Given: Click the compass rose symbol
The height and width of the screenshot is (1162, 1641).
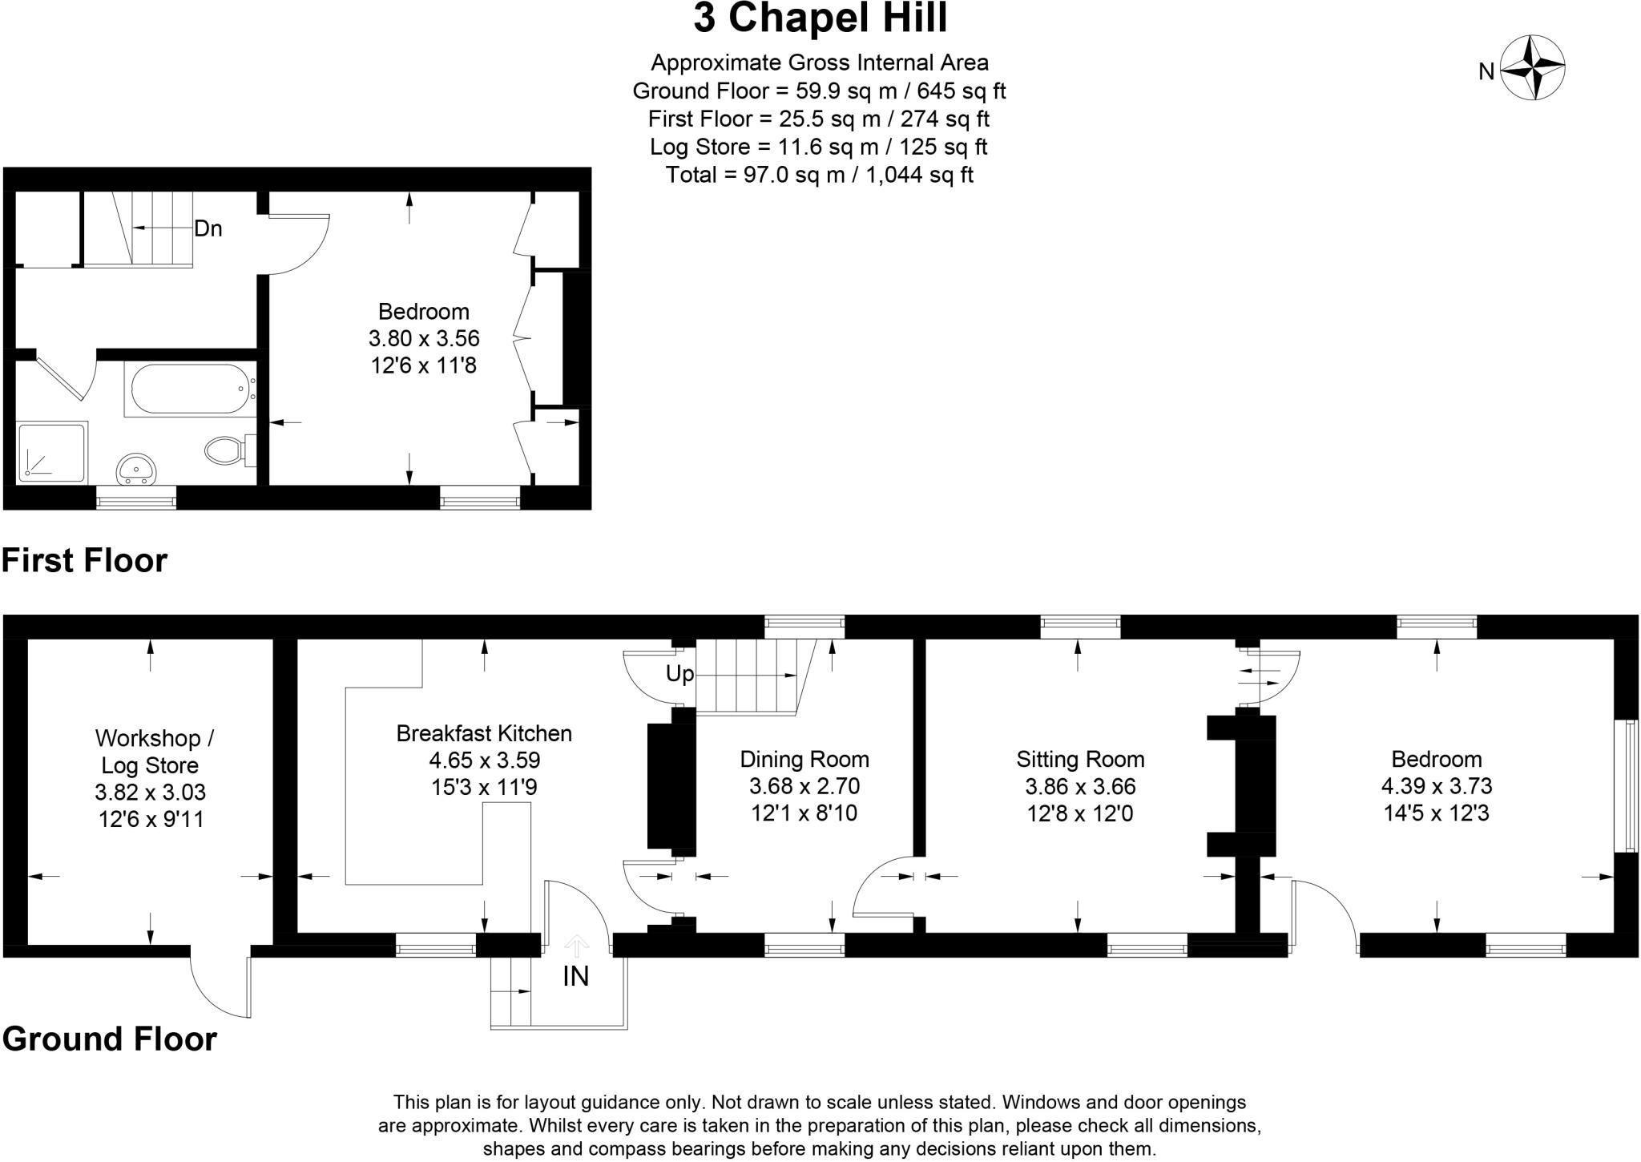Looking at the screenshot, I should tap(1531, 67).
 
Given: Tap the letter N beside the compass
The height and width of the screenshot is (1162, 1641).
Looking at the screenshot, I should tap(1486, 72).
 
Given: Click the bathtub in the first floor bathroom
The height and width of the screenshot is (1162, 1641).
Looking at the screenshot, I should tap(190, 389).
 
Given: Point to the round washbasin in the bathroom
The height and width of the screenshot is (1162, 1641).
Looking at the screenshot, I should tap(136, 467).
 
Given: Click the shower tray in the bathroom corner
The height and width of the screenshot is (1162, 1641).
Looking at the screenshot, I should tap(51, 454).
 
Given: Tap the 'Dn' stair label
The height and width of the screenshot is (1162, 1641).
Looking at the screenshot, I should tap(208, 229).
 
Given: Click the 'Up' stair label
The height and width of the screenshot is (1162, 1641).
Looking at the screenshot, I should tap(679, 674).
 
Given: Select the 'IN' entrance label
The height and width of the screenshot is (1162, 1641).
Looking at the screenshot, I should tap(575, 976).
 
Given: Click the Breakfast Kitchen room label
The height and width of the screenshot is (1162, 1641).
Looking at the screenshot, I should tap(484, 733).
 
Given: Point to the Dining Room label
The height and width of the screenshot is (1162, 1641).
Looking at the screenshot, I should tap(804, 759).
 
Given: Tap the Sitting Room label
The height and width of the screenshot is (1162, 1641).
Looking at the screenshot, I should tap(1080, 759).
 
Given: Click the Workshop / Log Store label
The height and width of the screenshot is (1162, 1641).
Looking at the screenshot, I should tap(154, 751).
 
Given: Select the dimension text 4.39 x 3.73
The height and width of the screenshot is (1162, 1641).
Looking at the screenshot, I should tap(1436, 786).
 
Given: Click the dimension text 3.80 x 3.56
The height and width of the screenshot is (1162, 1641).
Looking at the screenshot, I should tap(424, 338).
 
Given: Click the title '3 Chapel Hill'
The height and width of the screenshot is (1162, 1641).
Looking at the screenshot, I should tap(820, 18).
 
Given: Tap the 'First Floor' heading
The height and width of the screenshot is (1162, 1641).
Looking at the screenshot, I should tap(84, 560).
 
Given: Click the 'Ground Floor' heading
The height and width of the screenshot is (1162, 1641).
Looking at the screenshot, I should tap(109, 1039).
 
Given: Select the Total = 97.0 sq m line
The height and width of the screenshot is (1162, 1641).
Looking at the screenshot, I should tap(819, 175).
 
